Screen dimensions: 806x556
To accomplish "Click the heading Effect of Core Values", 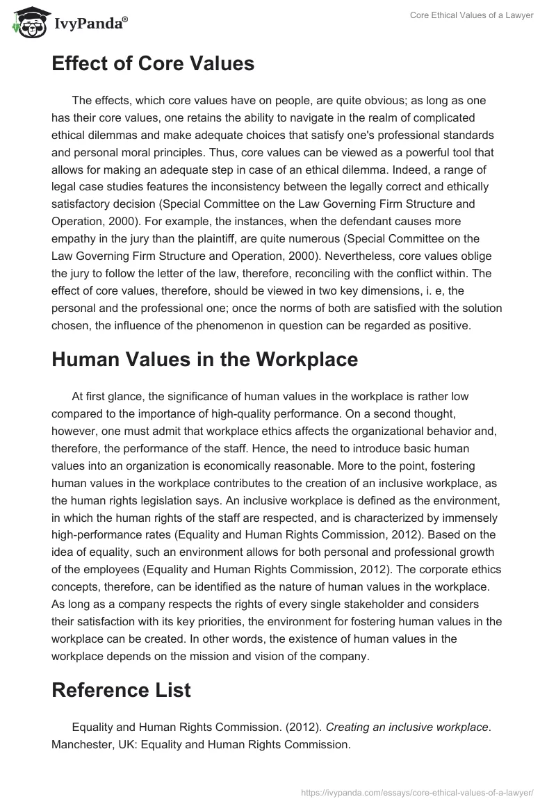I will point(153,64).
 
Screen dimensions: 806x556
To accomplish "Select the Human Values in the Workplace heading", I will point(205,360).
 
